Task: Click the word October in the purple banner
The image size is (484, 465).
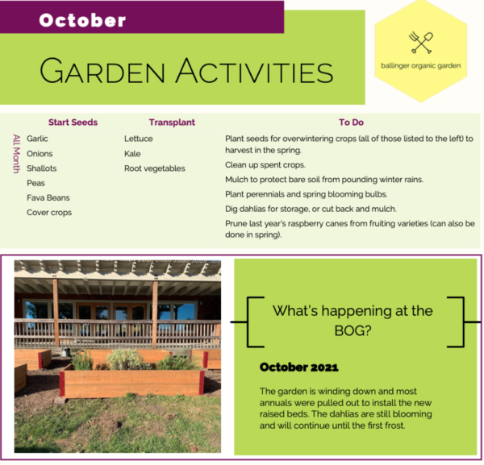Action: [x=82, y=20]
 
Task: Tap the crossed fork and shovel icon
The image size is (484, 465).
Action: [x=421, y=43]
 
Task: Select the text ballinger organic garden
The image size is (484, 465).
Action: [x=421, y=65]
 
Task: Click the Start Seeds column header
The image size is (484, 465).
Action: [x=73, y=122]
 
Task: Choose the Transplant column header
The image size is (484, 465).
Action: [x=172, y=122]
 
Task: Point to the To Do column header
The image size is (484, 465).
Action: [x=351, y=122]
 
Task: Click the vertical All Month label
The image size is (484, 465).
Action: [x=16, y=154]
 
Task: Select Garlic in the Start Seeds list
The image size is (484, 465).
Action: [x=37, y=139]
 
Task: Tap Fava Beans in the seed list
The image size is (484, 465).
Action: [x=48, y=197]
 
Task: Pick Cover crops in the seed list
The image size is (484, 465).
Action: [x=49, y=213]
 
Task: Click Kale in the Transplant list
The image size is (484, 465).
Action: [x=132, y=154]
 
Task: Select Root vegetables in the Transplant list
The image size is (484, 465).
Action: [x=155, y=168]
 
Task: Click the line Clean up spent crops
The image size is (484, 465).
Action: [x=265, y=165]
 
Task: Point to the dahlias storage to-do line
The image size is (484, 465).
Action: [x=311, y=209]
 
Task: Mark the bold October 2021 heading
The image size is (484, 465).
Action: [x=299, y=367]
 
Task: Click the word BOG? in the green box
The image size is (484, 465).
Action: [x=353, y=331]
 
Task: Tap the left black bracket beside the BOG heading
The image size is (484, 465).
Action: [x=248, y=322]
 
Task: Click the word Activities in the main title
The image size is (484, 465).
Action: [x=254, y=71]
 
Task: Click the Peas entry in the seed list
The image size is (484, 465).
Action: [x=35, y=183]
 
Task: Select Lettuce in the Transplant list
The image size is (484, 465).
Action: [x=139, y=139]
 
